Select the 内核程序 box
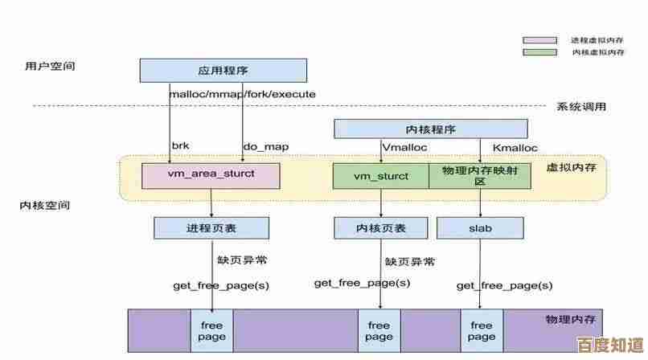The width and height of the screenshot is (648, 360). click(x=430, y=129)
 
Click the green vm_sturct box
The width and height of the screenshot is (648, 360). click(x=380, y=176)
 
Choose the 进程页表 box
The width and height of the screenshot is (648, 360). click(x=211, y=228)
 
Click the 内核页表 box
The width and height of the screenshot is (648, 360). click(x=380, y=228)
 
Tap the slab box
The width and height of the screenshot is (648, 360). click(x=480, y=228)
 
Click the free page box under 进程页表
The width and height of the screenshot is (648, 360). click(x=211, y=330)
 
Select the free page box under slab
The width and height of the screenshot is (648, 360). click(x=482, y=330)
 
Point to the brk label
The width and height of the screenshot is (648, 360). click(x=180, y=147)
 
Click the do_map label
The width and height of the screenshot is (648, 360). click(x=265, y=147)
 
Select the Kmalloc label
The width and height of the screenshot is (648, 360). click(x=515, y=147)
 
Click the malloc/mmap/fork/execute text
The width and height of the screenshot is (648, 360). click(x=242, y=94)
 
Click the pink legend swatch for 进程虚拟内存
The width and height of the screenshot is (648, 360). click(x=539, y=40)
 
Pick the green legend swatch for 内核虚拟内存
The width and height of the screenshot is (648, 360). click(x=539, y=52)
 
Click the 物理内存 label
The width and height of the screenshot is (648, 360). click(x=568, y=320)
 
